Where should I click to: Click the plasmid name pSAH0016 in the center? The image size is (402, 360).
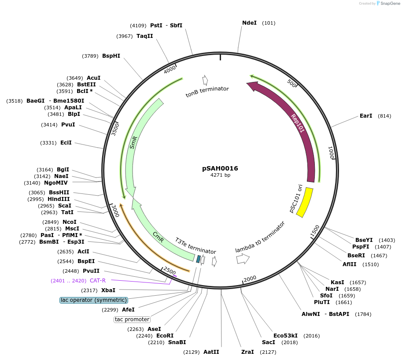[220, 168]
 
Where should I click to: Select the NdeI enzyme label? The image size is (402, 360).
[250, 23]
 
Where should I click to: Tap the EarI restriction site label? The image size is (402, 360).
[366, 116]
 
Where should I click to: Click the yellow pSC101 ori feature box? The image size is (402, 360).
[305, 202]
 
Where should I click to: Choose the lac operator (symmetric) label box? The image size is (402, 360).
[94, 300]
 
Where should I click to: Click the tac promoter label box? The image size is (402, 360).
[132, 319]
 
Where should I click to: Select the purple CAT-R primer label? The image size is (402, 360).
[98, 280]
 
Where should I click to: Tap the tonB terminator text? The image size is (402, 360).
[207, 91]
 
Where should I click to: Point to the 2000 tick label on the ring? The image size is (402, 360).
[250, 278]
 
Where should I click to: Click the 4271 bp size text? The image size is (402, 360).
[220, 175]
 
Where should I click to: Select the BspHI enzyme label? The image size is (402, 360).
[111, 56]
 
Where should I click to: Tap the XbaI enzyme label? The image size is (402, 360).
[108, 290]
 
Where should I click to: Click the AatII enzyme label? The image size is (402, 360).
[211, 352]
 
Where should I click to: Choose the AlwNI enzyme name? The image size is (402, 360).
[311, 314]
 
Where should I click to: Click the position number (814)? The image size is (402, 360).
[384, 116]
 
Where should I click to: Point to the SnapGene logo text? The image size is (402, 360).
[389, 4]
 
